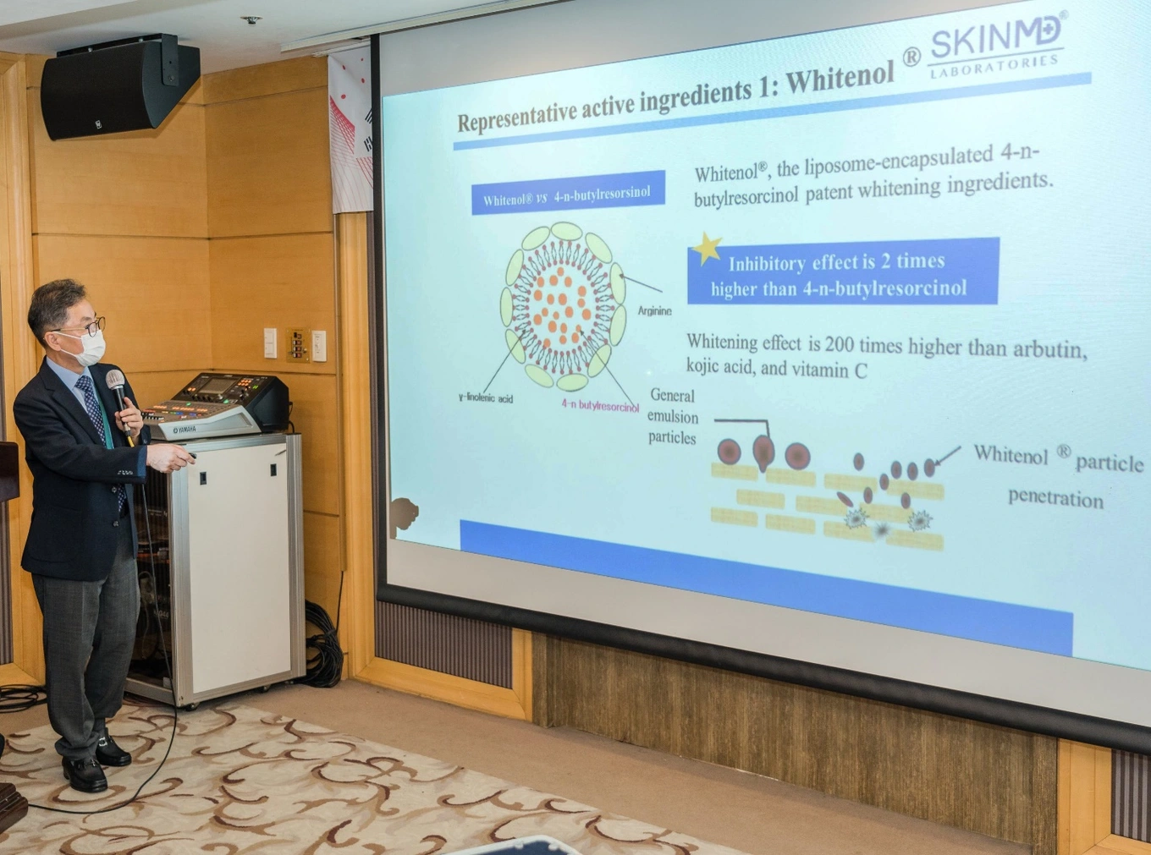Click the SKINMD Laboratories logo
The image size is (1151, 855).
click(996, 46)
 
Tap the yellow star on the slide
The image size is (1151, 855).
click(708, 247)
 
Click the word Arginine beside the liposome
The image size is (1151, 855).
click(654, 311)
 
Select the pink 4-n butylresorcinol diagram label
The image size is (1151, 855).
click(600, 405)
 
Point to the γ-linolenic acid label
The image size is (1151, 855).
click(485, 398)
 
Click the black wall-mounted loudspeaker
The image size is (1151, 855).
click(120, 86)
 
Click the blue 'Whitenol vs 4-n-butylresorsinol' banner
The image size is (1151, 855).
click(568, 192)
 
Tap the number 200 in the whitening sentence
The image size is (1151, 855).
click(838, 344)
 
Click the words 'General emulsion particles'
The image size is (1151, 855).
click(673, 417)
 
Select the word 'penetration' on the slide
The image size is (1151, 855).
click(1055, 498)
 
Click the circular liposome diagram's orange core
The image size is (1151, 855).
click(563, 306)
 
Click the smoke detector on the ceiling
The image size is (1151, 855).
click(251, 20)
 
